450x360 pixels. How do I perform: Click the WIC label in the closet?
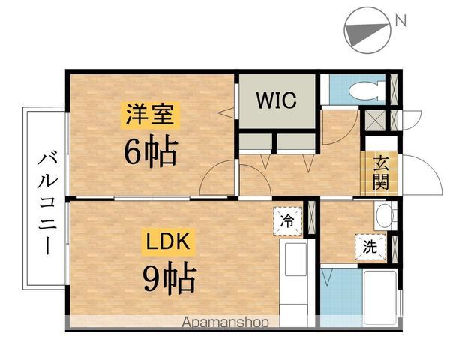point(277,100)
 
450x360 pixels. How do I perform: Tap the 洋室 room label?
point(150,117)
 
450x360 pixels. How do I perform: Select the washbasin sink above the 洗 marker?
point(385,215)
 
